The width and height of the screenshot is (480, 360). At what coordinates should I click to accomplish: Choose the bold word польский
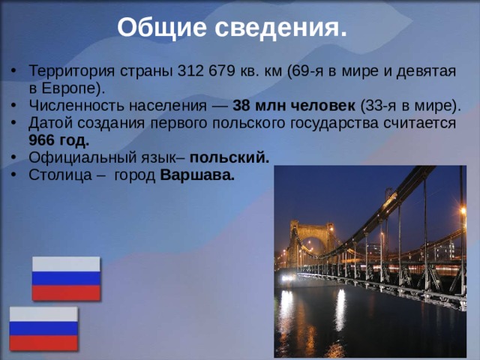pyautogui.click(x=229, y=157)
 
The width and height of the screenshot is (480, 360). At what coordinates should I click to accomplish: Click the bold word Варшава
pyautogui.click(x=197, y=175)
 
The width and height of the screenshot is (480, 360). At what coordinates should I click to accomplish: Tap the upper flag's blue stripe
pyautogui.click(x=66, y=278)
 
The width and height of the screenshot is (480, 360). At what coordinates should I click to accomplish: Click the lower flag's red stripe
pyautogui.click(x=43, y=342)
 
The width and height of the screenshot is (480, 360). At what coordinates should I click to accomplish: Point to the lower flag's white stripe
pyautogui.click(x=43, y=314)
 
